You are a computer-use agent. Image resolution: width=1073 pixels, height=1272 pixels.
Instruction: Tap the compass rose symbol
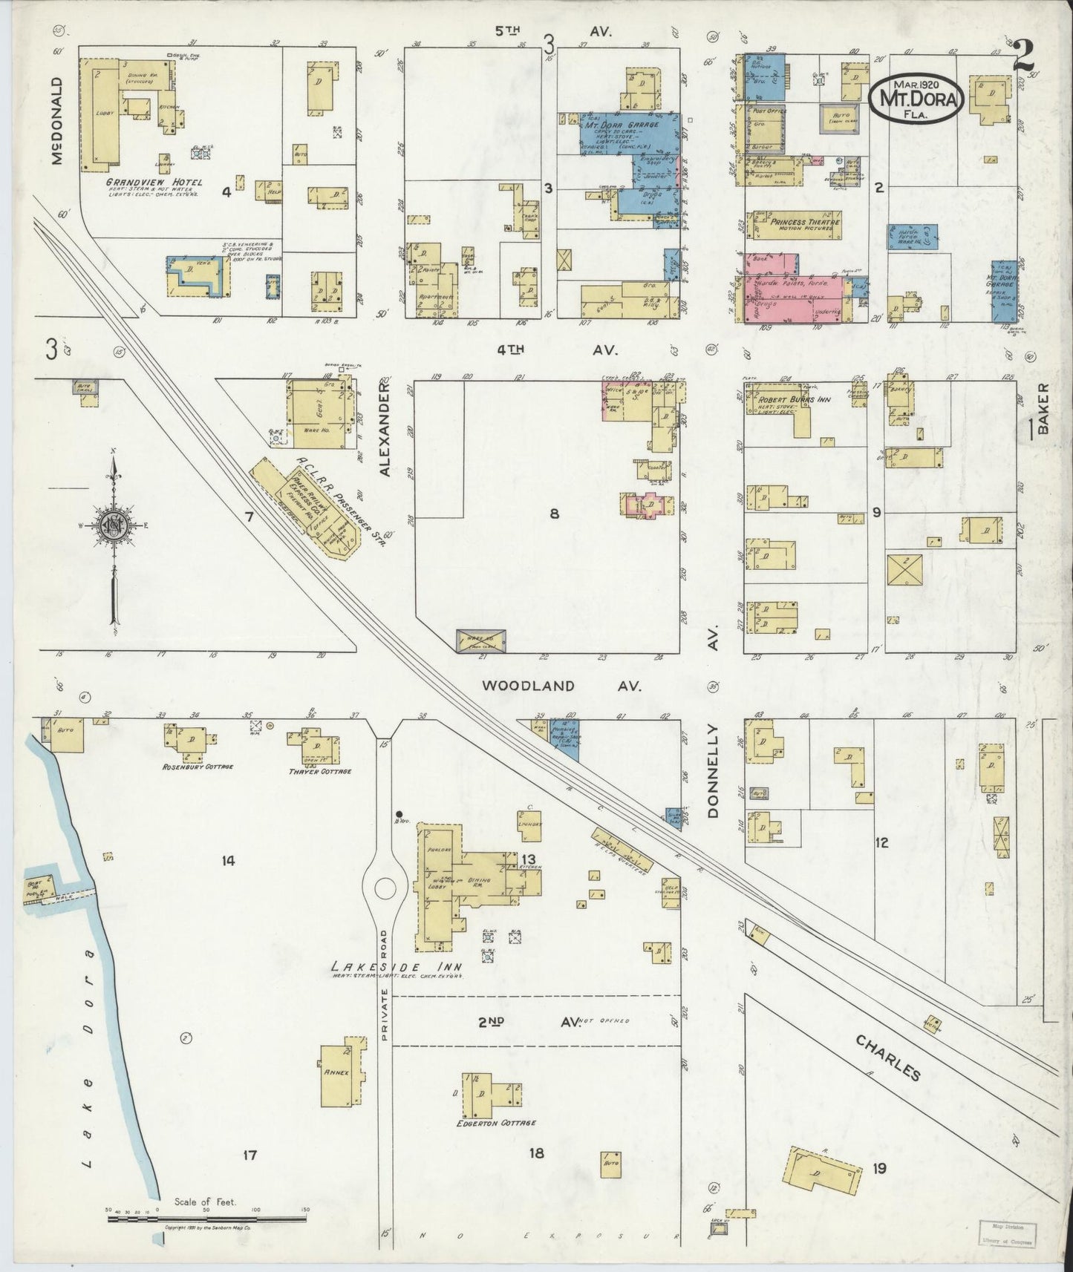point(114,526)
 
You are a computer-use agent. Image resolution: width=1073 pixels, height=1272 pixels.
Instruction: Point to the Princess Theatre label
point(804,222)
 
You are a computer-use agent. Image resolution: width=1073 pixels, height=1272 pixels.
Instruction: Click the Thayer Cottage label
point(319,770)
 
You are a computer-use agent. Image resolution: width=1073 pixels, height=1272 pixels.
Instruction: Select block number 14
point(227,861)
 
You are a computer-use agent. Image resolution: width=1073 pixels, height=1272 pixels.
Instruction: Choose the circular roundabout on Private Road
point(385,888)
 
